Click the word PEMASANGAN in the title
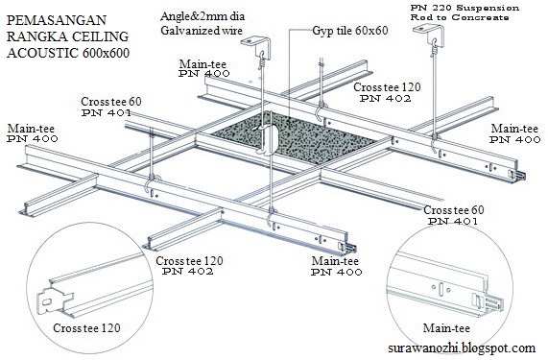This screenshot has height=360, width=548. point(57,20)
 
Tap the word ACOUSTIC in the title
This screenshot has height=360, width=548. point(42,53)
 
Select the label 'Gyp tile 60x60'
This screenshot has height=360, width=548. point(350,31)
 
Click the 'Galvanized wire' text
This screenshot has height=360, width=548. point(202,31)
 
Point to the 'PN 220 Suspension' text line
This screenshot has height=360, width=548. point(465,8)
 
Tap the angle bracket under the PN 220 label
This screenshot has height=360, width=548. point(428,33)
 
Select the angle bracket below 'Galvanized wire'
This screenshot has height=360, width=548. point(255,46)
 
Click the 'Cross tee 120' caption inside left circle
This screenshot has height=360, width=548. point(86,328)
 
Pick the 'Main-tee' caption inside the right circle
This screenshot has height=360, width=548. point(446,328)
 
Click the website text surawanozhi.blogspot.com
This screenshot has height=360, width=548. point(462,348)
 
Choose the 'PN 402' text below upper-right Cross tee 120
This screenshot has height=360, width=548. point(386,99)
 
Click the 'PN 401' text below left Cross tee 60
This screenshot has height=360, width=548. point(107,112)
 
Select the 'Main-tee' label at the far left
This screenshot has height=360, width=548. point(31,129)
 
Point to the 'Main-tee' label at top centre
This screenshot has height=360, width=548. point(203,64)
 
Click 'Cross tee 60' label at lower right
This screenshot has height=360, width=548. point(454,210)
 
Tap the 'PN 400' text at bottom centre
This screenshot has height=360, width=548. point(337,272)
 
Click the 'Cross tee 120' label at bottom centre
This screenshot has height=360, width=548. point(189,261)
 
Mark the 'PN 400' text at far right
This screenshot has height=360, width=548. point(514,140)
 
